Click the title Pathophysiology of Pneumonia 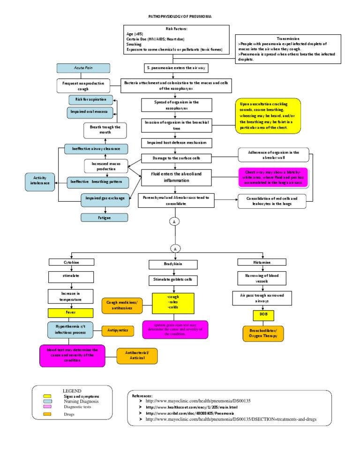tap(180, 16)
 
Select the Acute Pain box tap(83, 68)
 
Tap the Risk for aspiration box tap(91, 99)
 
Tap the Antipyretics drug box tap(118, 331)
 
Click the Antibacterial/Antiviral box tap(137, 355)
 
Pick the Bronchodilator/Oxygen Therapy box tap(263, 334)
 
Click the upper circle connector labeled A tap(175, 222)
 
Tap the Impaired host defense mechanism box tap(174, 142)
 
